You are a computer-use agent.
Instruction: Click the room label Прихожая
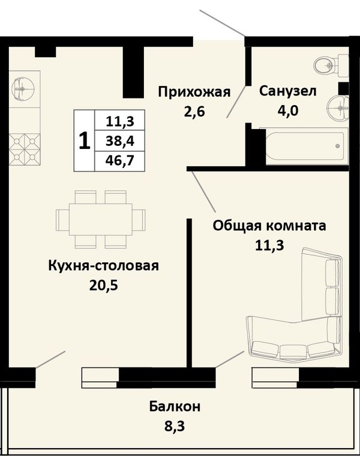pos(194,92)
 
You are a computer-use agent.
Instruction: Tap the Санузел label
pos(288,91)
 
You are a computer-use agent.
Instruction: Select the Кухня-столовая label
pos(103,266)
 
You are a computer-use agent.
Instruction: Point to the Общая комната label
pos(269,226)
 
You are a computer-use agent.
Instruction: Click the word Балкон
pos(175,407)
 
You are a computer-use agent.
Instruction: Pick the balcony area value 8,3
pos(175,427)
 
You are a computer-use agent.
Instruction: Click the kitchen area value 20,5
pos(104,286)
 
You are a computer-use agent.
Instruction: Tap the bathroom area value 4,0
pos(288,110)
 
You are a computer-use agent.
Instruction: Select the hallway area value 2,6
pos(194,111)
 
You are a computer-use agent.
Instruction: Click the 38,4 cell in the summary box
pos(120,141)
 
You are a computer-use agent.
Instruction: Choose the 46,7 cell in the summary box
pos(120,161)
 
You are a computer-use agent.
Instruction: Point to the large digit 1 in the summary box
pos(85,141)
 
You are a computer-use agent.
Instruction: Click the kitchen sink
pos(23,88)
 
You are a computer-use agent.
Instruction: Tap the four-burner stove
pos(25,149)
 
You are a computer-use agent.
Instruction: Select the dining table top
pos(100,219)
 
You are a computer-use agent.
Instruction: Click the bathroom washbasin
pos(338,107)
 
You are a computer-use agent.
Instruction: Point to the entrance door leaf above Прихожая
pos(222,23)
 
